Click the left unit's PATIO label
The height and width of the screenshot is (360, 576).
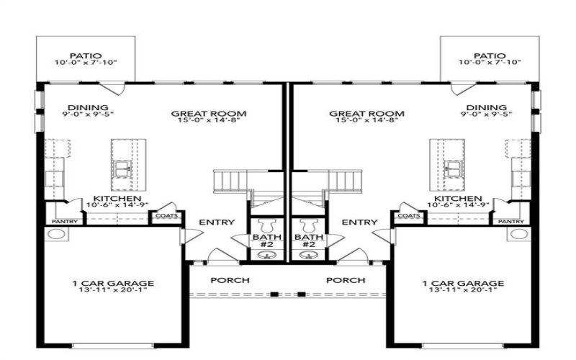click(85, 55)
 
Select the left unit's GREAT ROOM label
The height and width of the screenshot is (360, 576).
click(209, 114)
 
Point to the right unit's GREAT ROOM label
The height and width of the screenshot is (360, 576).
click(366, 114)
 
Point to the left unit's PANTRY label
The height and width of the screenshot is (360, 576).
click(63, 222)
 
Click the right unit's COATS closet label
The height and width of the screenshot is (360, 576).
click(408, 215)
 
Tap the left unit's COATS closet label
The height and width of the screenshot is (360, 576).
click(166, 215)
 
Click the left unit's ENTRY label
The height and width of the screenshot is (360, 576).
click(216, 222)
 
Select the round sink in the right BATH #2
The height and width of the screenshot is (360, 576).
click(308, 254)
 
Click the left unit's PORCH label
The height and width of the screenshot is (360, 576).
click(230, 279)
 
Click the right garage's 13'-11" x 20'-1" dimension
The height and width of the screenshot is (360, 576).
click(462, 293)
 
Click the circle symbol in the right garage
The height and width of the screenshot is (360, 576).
click(518, 234)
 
